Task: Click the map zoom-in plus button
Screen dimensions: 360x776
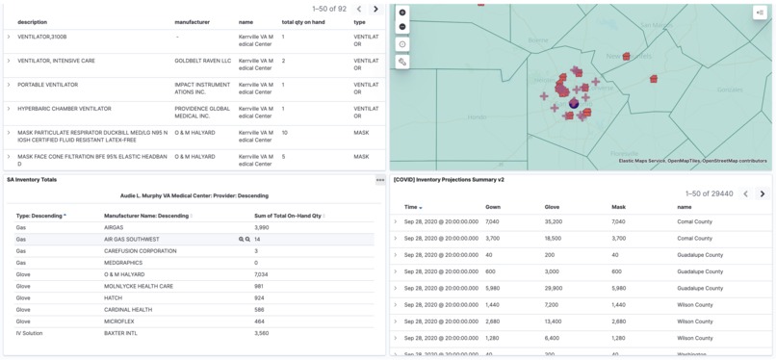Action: pyautogui.click(x=402, y=13)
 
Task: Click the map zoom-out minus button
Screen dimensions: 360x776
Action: pyautogui.click(x=402, y=26)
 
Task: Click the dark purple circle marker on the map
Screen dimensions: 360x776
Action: pyautogui.click(x=574, y=103)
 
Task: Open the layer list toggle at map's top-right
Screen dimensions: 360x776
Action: pyautogui.click(x=760, y=13)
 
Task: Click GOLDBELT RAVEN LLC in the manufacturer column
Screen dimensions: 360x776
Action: pyautogui.click(x=202, y=61)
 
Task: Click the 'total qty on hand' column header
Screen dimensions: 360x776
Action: pyautogui.click(x=302, y=22)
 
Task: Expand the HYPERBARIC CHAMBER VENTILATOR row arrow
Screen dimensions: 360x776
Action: pyautogui.click(x=9, y=109)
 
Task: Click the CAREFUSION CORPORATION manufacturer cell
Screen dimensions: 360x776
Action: pyautogui.click(x=141, y=251)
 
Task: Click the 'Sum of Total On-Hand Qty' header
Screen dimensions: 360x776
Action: pyautogui.click(x=289, y=216)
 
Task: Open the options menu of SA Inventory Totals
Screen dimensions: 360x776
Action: pyautogui.click(x=380, y=180)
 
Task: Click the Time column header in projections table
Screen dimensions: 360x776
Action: pyautogui.click(x=412, y=207)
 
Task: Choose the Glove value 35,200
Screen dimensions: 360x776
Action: pyautogui.click(x=553, y=221)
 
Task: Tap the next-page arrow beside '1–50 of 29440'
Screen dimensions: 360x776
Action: pyautogui.click(x=763, y=193)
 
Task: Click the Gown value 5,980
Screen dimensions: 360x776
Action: pyautogui.click(x=492, y=288)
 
